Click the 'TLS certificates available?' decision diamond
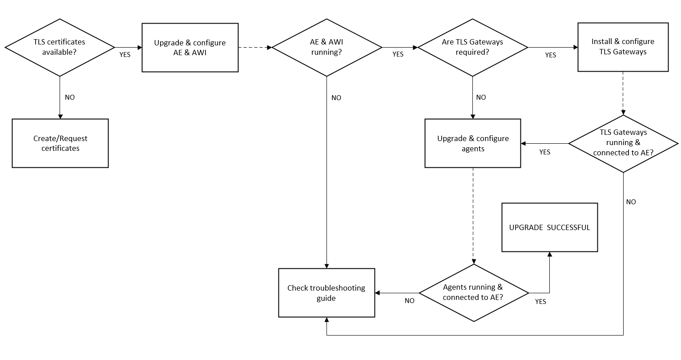tap(60, 47)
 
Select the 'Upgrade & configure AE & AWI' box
tap(190, 48)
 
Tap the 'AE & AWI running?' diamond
tap(326, 47)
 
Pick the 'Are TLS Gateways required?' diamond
tap(472, 47)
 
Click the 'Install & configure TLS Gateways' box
tap(623, 47)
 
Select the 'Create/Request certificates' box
tap(60, 143)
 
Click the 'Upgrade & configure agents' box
tap(472, 143)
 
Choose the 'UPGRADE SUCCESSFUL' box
tap(549, 227)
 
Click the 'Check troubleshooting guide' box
tap(326, 293)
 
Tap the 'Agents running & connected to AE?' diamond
tap(473, 293)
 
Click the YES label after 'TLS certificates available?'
tap(125, 55)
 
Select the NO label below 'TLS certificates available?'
tap(70, 97)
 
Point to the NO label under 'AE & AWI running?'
tap(336, 98)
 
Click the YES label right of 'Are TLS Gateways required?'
tap(551, 55)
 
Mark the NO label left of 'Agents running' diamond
tap(410, 301)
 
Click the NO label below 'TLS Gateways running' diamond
tap(631, 202)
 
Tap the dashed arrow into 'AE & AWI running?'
tap(255, 47)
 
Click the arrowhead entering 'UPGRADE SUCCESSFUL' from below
tap(549, 254)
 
